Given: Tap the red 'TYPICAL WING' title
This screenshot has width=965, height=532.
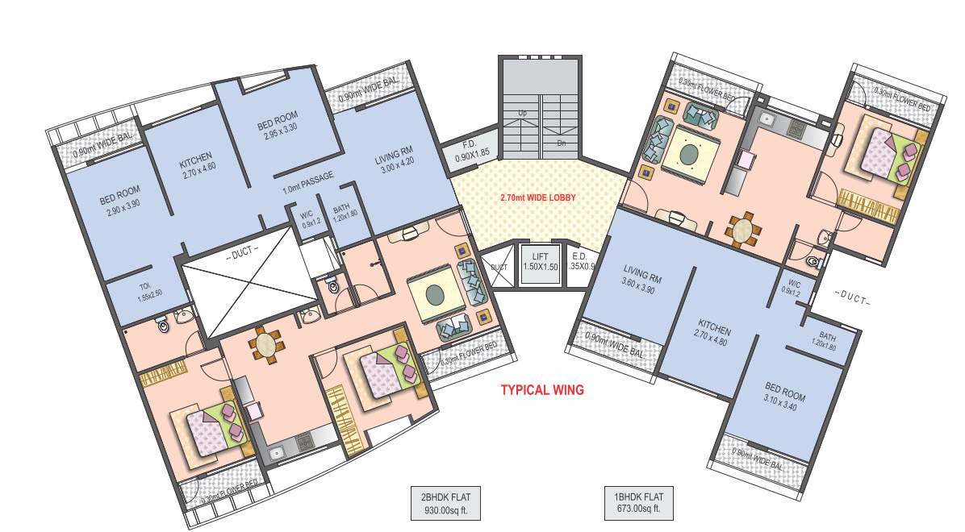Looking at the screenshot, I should pyautogui.click(x=542, y=390).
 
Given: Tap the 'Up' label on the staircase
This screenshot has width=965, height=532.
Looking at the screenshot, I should pyautogui.click(x=523, y=113).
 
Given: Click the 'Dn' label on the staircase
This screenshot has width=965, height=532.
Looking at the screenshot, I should pyautogui.click(x=562, y=143).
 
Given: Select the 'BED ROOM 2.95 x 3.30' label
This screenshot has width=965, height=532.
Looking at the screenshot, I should pyautogui.click(x=278, y=131).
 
